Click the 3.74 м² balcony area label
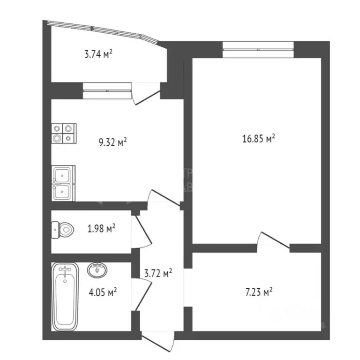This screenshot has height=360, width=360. (98, 54)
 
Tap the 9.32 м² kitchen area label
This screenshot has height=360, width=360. (113, 142)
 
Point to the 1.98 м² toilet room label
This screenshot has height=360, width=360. (101, 229)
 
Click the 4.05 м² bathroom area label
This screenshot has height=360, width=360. (103, 292)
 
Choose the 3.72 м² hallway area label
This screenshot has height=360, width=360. (157, 273)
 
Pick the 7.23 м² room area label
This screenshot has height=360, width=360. (259, 292)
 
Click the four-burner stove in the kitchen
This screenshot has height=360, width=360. (64, 132)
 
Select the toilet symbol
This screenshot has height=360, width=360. (63, 230)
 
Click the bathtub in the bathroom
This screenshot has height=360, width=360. (65, 296)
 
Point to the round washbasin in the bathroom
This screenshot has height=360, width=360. (98, 270)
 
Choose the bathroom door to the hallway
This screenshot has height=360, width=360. (142, 294)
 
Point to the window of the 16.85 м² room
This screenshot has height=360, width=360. (258, 48)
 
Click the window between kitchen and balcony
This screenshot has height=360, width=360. (107, 90)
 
